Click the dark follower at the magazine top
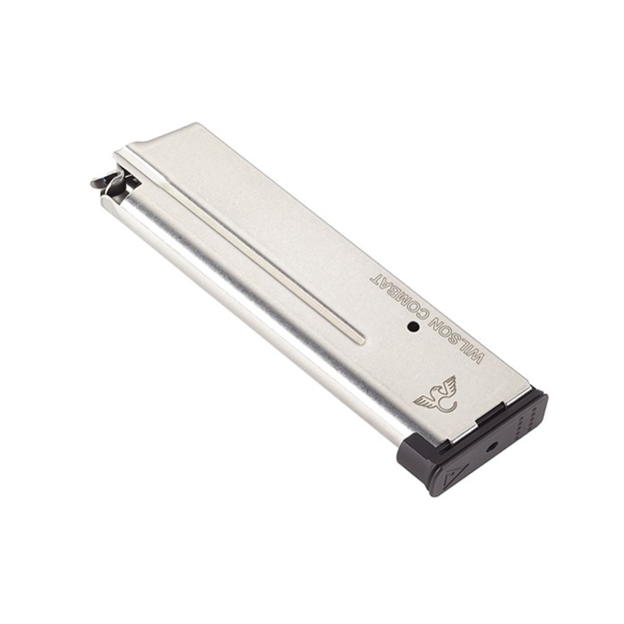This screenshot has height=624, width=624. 111,181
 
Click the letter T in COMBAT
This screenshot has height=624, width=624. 376,273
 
